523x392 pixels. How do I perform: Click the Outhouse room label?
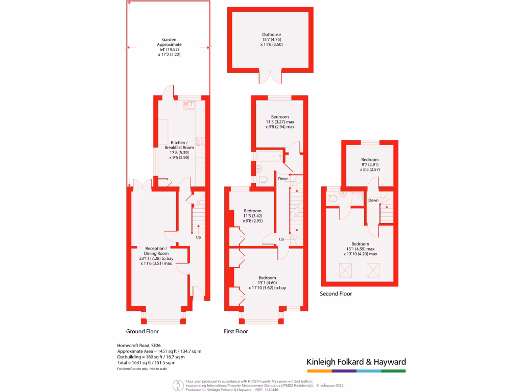[x=272, y=34]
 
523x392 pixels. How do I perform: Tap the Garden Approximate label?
[x=169, y=42]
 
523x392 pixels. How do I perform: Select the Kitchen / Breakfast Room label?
[x=179, y=145]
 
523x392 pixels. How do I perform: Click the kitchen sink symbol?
[x=190, y=105]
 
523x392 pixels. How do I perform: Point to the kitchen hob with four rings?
[x=200, y=141]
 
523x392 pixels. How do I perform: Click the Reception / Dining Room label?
[x=156, y=251]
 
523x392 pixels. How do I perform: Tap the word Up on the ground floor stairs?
[x=199, y=237]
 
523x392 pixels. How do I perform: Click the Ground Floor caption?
[x=142, y=331]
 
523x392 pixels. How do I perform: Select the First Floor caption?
[x=236, y=331]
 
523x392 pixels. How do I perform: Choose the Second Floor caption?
[x=336, y=293]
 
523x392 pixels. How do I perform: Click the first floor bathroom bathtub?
[x=269, y=156]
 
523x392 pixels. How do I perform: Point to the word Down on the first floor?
[x=283, y=179]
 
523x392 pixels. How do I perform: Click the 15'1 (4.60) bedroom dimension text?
[x=267, y=283]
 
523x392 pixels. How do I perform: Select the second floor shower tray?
[x=357, y=199]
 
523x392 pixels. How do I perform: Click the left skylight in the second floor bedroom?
[x=346, y=271]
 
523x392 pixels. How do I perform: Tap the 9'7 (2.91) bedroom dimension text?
[x=370, y=165]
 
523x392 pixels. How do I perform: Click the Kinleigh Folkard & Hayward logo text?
[x=356, y=362]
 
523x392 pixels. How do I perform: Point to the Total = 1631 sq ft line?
[x=146, y=363]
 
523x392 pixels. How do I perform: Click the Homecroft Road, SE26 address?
[x=139, y=346]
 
